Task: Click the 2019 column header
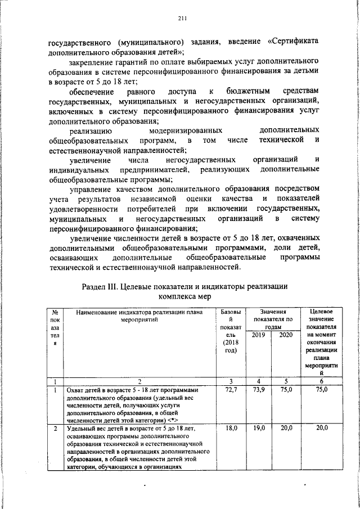259,335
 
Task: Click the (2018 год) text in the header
231,346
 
